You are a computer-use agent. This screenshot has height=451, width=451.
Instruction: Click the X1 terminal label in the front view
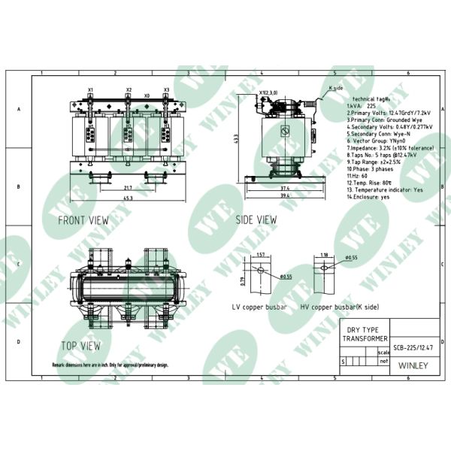[x=90, y=89]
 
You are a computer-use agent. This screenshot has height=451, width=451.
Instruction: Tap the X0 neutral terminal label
[x=147, y=96]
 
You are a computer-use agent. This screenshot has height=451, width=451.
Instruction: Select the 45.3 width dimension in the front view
[x=129, y=198]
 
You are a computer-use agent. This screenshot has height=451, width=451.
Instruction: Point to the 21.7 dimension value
[x=128, y=187]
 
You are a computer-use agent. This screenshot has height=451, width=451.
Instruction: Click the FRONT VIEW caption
[x=83, y=220]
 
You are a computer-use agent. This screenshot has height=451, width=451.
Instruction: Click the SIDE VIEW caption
[x=257, y=220]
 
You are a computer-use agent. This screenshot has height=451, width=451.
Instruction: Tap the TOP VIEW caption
[x=80, y=347]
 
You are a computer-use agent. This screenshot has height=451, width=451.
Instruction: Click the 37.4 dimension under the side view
[x=285, y=188]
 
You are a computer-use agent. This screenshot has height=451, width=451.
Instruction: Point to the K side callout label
[x=336, y=89]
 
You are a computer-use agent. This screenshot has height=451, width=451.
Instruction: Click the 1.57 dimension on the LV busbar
[x=260, y=254]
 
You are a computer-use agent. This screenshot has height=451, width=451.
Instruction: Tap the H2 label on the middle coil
[x=129, y=127]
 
